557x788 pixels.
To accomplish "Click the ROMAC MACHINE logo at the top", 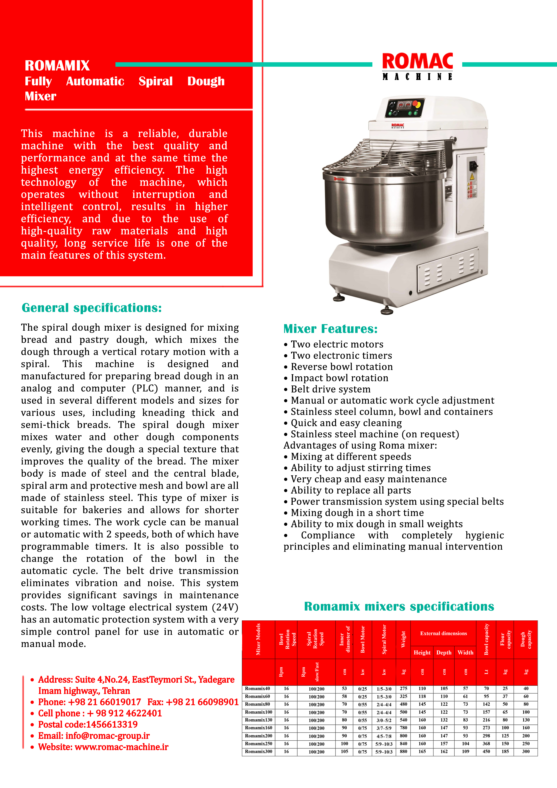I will [x=417, y=66].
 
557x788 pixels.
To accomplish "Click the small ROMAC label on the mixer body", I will [x=398, y=126].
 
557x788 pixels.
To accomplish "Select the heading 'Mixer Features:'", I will [x=330, y=329].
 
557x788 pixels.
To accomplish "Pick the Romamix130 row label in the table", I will [x=259, y=720].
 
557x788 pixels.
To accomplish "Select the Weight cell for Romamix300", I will [x=404, y=752].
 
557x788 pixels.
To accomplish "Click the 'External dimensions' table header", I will [x=443, y=633].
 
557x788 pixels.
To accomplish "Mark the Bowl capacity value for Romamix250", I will [x=486, y=744].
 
